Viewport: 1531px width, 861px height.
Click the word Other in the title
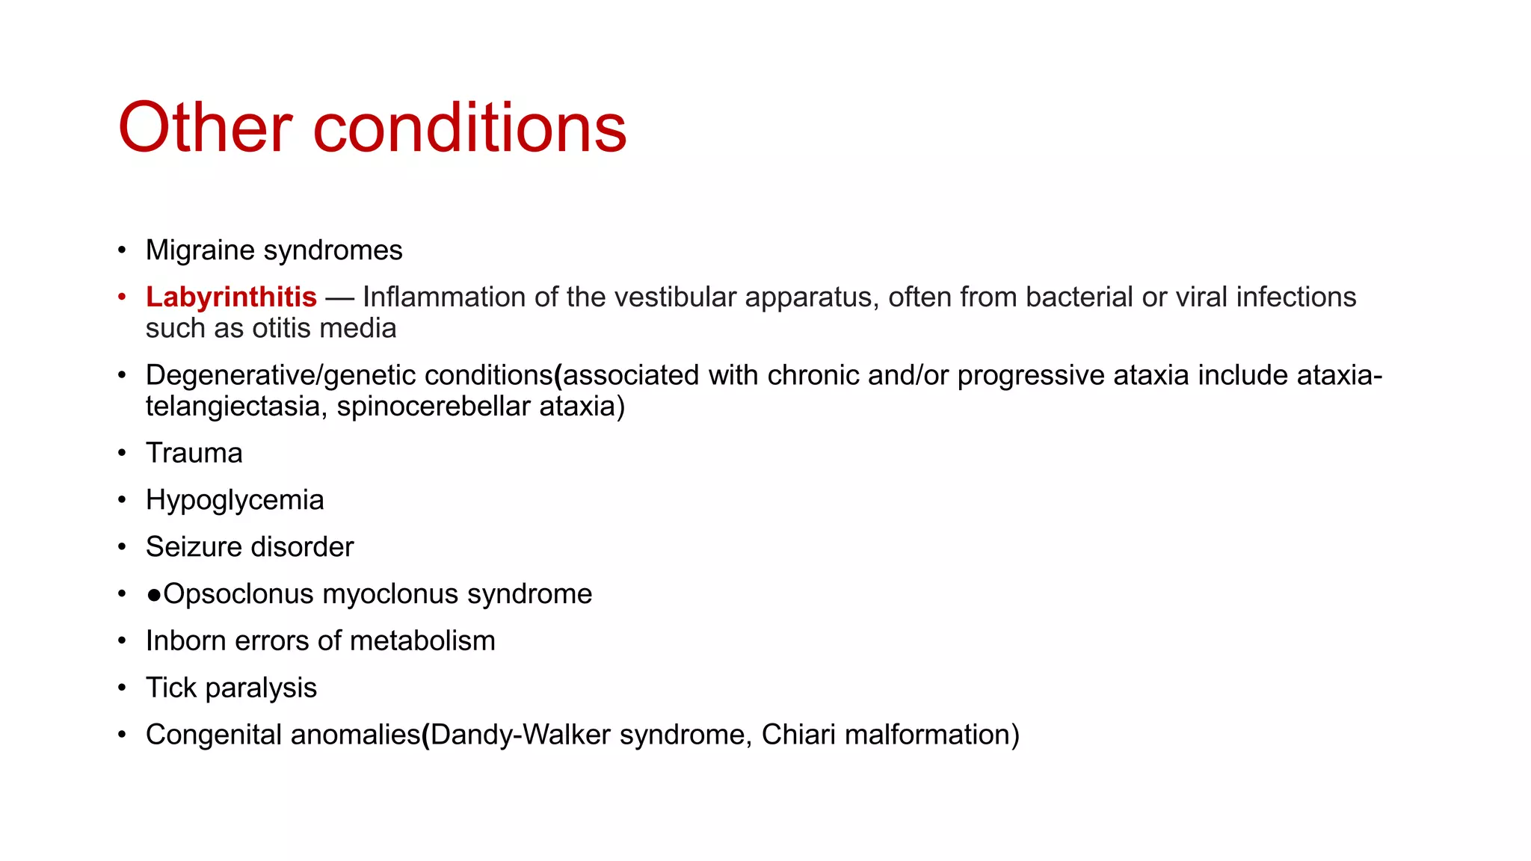click(x=204, y=128)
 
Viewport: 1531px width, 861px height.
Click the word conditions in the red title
click(x=469, y=128)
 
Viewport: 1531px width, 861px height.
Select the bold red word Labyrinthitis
click(x=231, y=297)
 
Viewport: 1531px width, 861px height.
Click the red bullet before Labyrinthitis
click(x=122, y=297)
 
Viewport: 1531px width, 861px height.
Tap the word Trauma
click(x=194, y=454)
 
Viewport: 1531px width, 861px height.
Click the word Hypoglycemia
click(x=235, y=500)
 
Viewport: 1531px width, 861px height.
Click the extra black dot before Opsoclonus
click(x=154, y=595)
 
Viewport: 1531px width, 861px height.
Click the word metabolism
click(x=422, y=641)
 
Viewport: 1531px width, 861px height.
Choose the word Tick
click(x=170, y=688)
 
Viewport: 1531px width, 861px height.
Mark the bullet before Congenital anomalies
click(x=122, y=735)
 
